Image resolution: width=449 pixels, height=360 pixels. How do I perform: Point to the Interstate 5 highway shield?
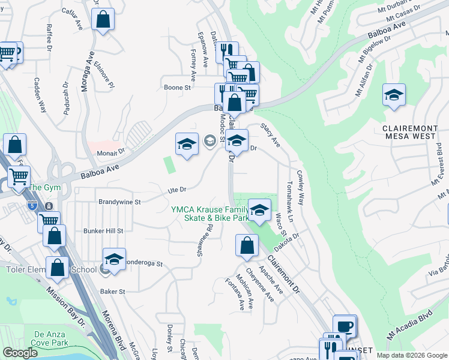35,206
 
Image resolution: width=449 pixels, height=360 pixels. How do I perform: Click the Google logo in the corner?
20,353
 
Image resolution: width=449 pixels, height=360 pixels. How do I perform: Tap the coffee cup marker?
345,327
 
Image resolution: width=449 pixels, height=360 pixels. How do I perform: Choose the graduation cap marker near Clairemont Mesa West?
394,95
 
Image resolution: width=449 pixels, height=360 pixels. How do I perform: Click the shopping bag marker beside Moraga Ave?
103,20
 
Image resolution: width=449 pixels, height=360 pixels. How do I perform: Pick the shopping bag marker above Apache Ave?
246,245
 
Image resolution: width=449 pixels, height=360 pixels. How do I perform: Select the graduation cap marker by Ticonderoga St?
113,259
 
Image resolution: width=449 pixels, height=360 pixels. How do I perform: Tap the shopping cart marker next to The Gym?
19,177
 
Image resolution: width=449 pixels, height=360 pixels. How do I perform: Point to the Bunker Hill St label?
103,230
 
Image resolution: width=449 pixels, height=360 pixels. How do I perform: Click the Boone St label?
177,88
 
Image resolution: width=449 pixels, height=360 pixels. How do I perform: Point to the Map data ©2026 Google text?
411,355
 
